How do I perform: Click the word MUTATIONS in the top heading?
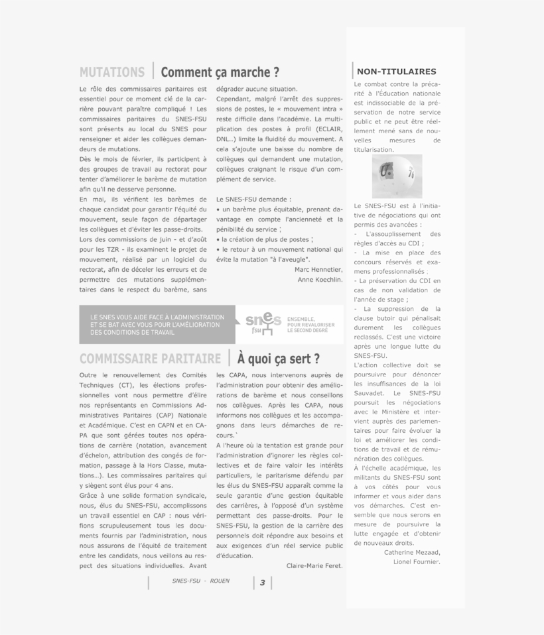point(111,72)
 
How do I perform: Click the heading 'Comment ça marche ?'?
point(220,72)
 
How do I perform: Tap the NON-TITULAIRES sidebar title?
point(396,71)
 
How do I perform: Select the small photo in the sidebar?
point(397,176)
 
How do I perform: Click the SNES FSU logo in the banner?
point(263,324)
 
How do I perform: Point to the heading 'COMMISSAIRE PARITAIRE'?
point(150,359)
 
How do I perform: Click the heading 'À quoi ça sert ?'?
point(278,359)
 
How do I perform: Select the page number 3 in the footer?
point(263,583)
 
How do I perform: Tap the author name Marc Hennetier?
point(318,270)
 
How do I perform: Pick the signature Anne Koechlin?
point(320,280)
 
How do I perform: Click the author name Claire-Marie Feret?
point(314,565)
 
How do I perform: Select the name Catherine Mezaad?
point(411,552)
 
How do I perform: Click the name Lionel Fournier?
point(416,562)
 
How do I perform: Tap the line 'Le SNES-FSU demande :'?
point(253,199)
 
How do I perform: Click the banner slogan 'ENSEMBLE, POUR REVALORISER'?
point(310,321)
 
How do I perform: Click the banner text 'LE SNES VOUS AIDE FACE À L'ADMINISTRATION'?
point(157,317)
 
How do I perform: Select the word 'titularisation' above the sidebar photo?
point(374,150)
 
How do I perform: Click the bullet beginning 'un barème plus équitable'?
point(279,209)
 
